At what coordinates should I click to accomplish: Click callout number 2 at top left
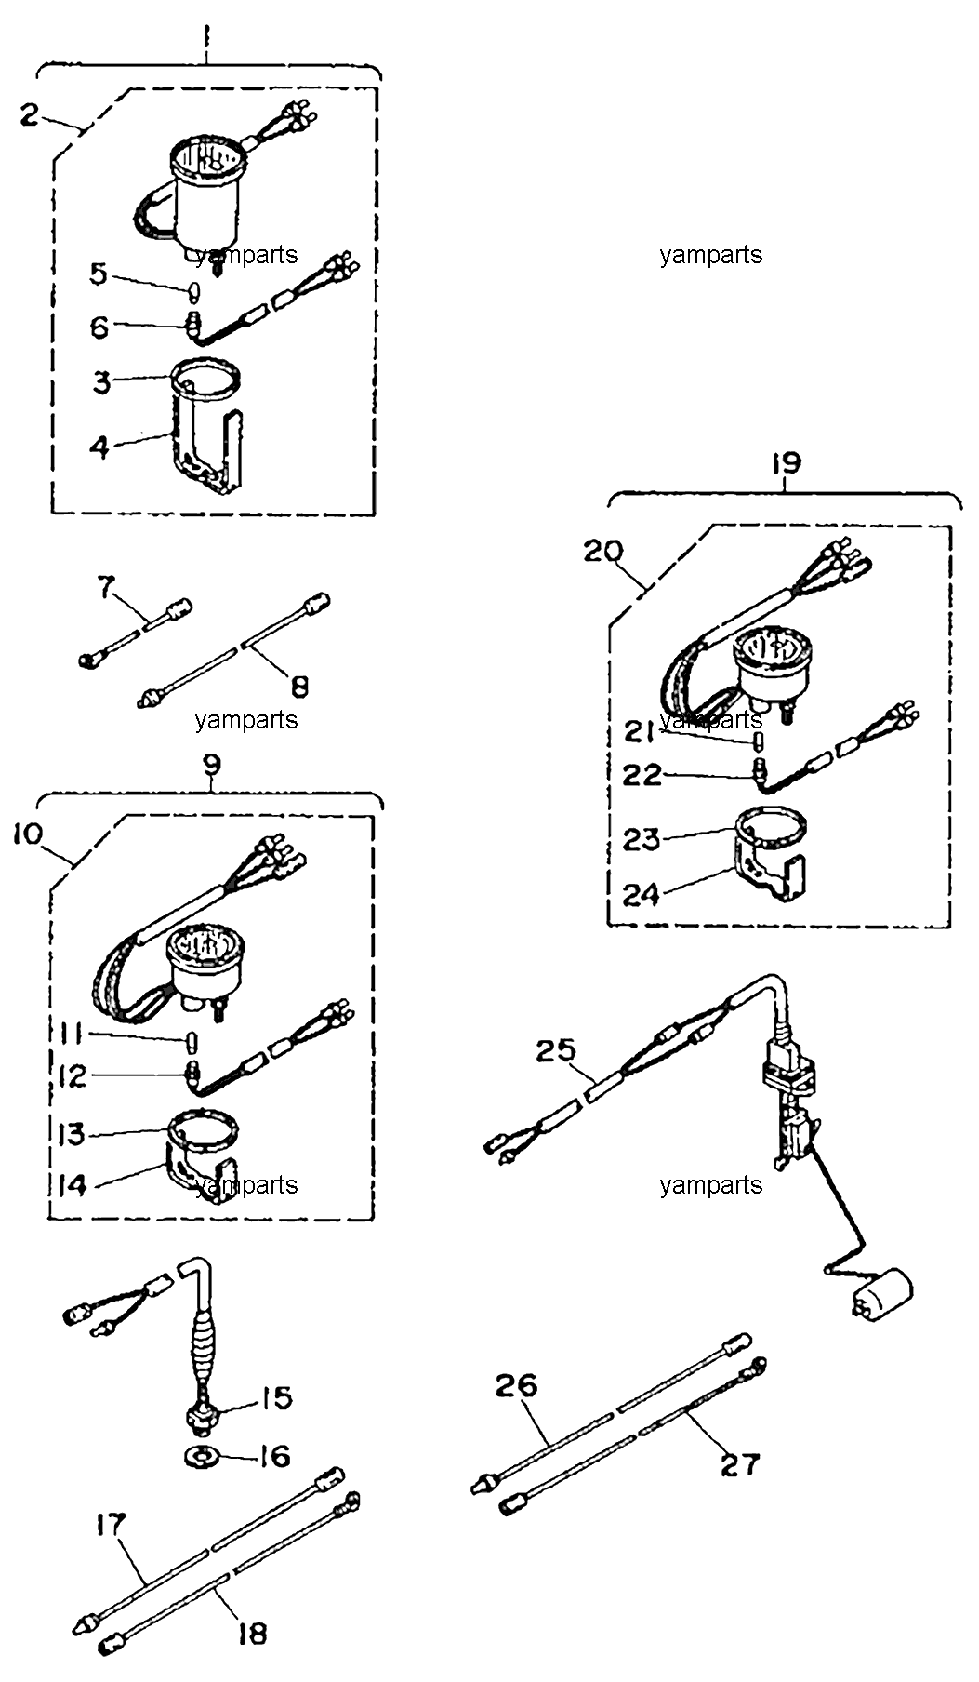point(31,115)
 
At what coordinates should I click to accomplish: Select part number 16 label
point(273,1455)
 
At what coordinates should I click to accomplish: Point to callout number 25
point(557,1051)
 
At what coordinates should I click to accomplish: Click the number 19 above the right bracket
point(786,462)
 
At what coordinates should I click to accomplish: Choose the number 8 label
point(299,687)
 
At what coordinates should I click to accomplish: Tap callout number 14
point(73,1185)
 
